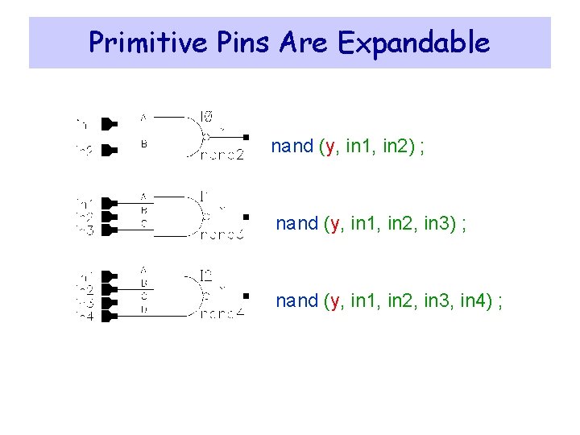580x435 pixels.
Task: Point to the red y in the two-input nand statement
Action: tap(329, 147)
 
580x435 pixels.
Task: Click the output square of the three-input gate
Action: tap(246, 216)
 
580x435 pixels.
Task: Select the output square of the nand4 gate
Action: tap(246, 295)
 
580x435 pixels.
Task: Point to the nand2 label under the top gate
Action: tap(222, 155)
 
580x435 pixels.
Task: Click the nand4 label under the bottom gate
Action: tap(222, 315)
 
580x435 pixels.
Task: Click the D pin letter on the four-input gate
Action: tap(143, 308)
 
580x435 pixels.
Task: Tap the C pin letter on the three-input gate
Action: tap(143, 224)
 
